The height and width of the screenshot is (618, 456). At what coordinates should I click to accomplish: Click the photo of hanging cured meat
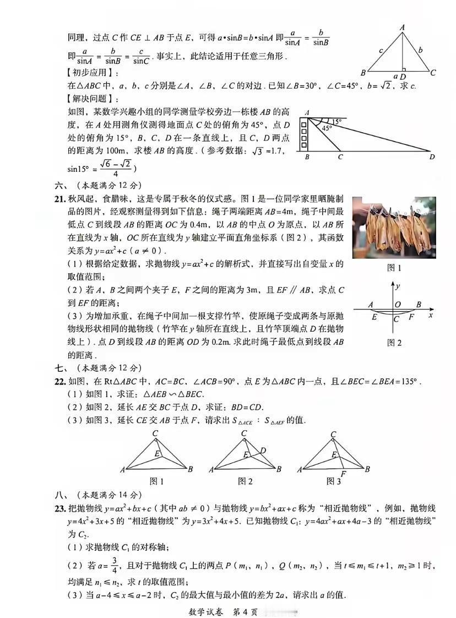[394, 227]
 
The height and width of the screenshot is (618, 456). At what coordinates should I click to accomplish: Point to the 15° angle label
[336, 121]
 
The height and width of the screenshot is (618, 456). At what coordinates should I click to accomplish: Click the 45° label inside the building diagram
[327, 128]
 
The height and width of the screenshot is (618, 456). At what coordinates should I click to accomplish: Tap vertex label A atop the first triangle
[403, 26]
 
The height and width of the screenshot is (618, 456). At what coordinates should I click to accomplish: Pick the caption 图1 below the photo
[394, 269]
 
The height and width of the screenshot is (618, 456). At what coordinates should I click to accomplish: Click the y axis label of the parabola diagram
[398, 286]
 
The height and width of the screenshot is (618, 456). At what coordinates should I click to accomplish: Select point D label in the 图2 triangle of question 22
[263, 451]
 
